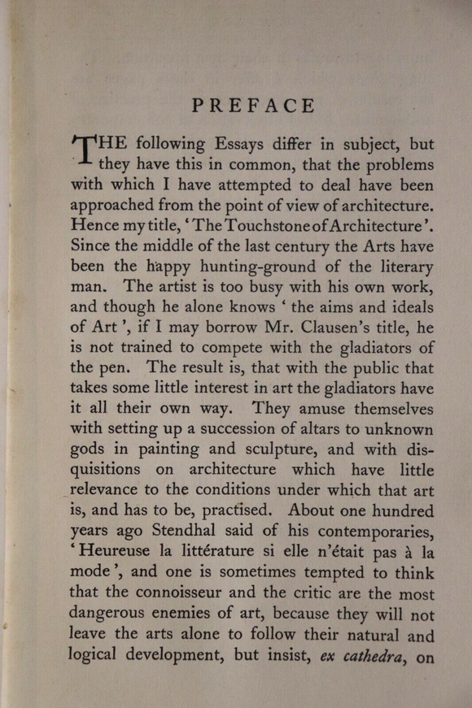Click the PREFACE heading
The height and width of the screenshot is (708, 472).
[252, 106]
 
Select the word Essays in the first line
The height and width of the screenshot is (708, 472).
[247, 144]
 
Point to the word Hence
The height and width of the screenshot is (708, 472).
[94, 224]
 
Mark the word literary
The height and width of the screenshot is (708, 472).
[399, 266]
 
